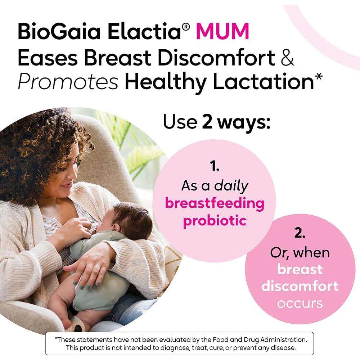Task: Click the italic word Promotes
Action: [x=68, y=83]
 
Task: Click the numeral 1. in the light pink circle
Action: [x=215, y=167]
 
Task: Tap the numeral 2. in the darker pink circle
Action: [x=300, y=234]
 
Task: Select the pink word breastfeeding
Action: [x=215, y=203]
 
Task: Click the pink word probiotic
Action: [x=215, y=220]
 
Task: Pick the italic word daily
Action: [x=231, y=186]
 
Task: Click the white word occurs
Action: [x=300, y=303]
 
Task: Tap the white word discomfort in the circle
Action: [x=300, y=287]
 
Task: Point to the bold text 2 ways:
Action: [x=236, y=122]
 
